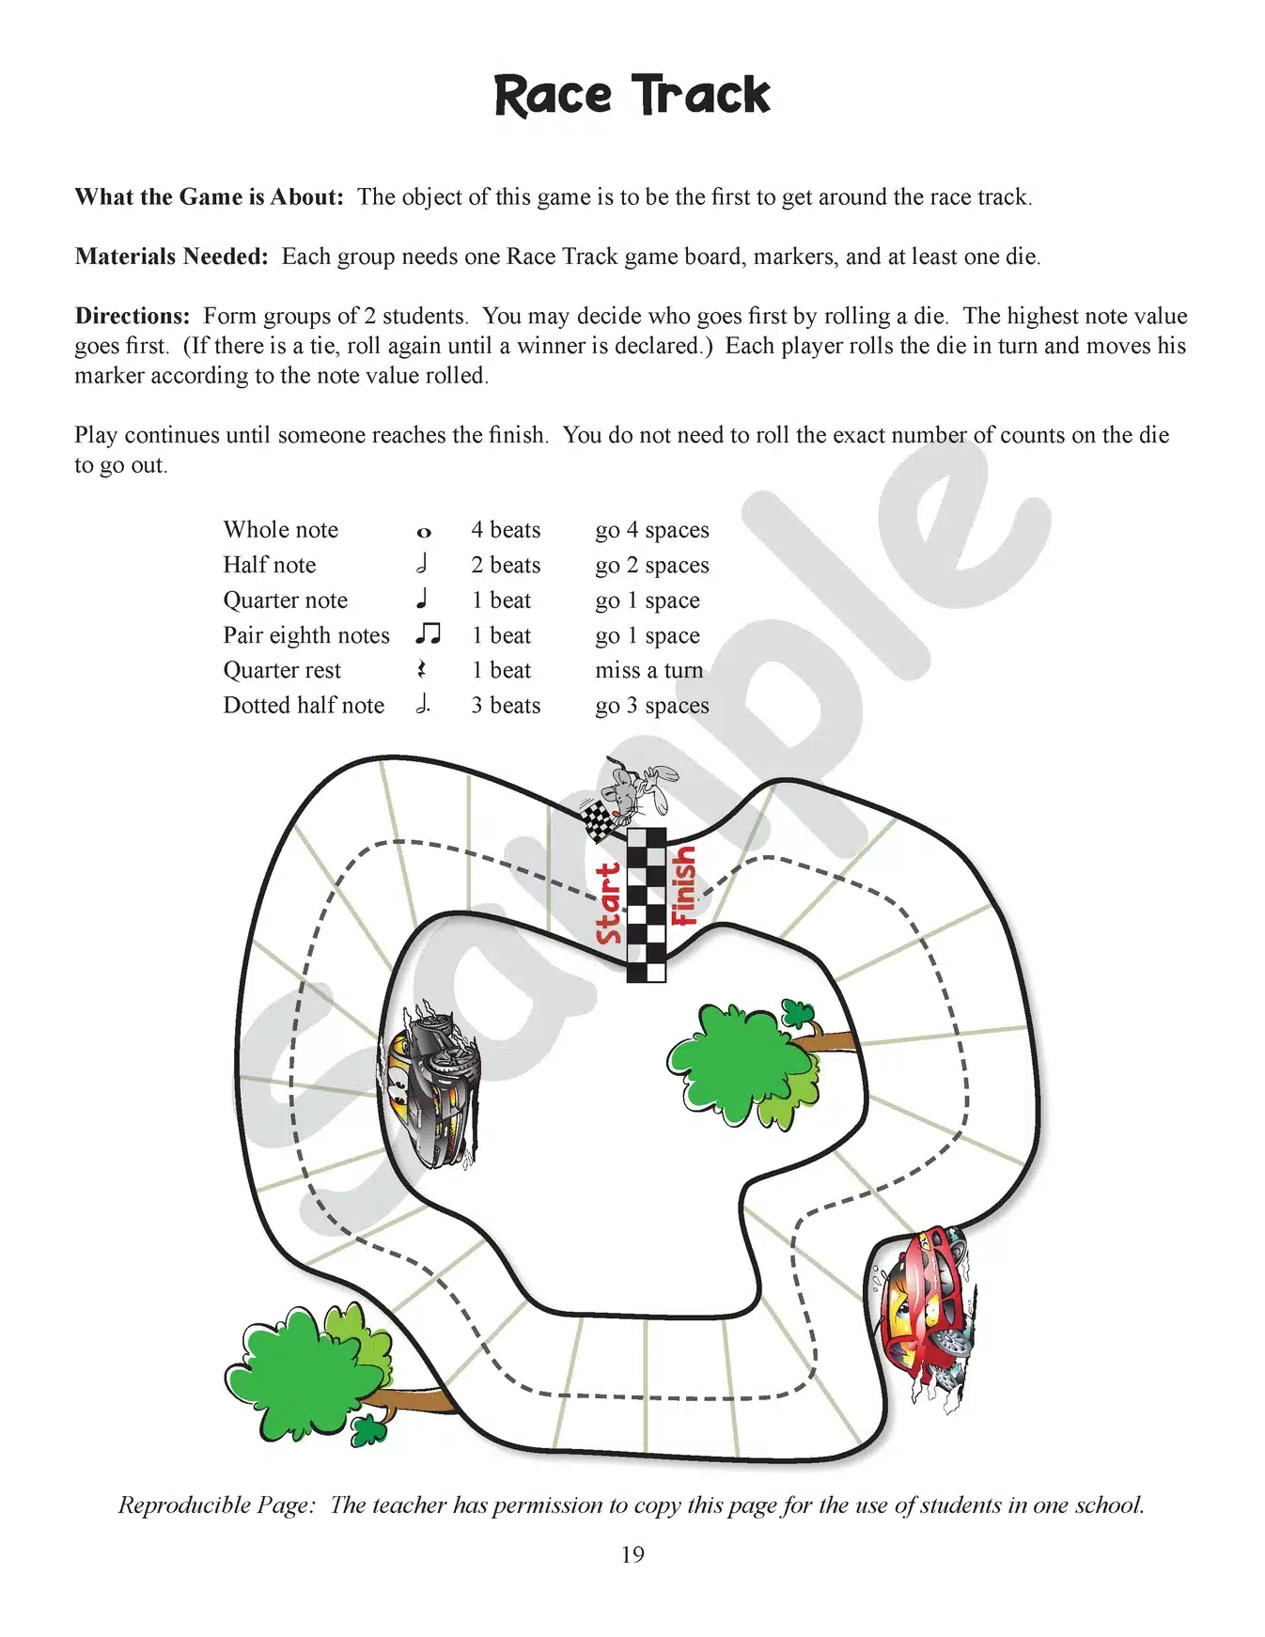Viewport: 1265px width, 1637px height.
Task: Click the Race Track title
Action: point(632,96)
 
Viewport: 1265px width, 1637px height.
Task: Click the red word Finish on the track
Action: point(683,885)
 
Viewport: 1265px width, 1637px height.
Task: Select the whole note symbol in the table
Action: point(424,533)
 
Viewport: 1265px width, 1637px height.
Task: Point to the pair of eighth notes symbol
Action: point(428,634)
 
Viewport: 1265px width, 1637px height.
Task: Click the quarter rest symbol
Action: point(422,669)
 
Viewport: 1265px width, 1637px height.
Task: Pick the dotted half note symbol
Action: point(423,704)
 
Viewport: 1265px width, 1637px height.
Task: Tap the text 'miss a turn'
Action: point(648,670)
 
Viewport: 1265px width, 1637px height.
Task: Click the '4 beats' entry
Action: point(506,530)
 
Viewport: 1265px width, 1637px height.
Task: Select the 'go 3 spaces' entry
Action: point(651,706)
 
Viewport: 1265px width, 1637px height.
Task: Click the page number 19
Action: point(632,1554)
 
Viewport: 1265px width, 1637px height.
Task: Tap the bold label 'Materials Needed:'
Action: point(172,257)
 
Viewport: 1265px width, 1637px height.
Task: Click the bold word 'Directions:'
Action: point(133,316)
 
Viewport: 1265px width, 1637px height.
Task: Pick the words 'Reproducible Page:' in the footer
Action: point(216,1505)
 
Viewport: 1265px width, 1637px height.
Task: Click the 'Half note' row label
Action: point(269,565)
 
